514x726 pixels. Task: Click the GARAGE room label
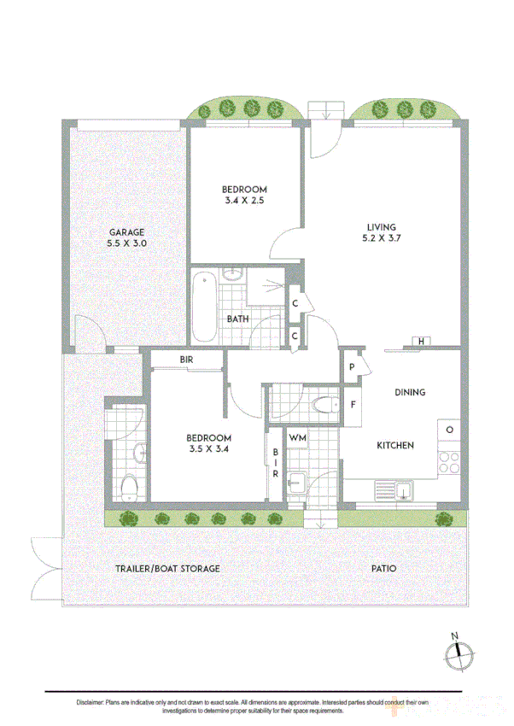tap(126, 232)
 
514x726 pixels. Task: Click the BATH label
tap(237, 319)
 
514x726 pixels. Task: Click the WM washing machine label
tap(297, 438)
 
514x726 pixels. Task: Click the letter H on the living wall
tap(421, 343)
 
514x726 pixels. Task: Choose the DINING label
tap(410, 393)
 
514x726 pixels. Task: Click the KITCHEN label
tap(395, 446)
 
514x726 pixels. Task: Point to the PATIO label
tap(383, 568)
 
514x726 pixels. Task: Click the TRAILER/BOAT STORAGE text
tap(167, 568)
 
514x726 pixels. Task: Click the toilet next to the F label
tap(323, 405)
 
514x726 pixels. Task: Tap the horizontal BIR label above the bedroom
tap(187, 360)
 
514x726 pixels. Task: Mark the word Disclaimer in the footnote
tap(89, 701)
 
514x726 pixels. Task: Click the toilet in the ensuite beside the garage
tap(128, 488)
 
